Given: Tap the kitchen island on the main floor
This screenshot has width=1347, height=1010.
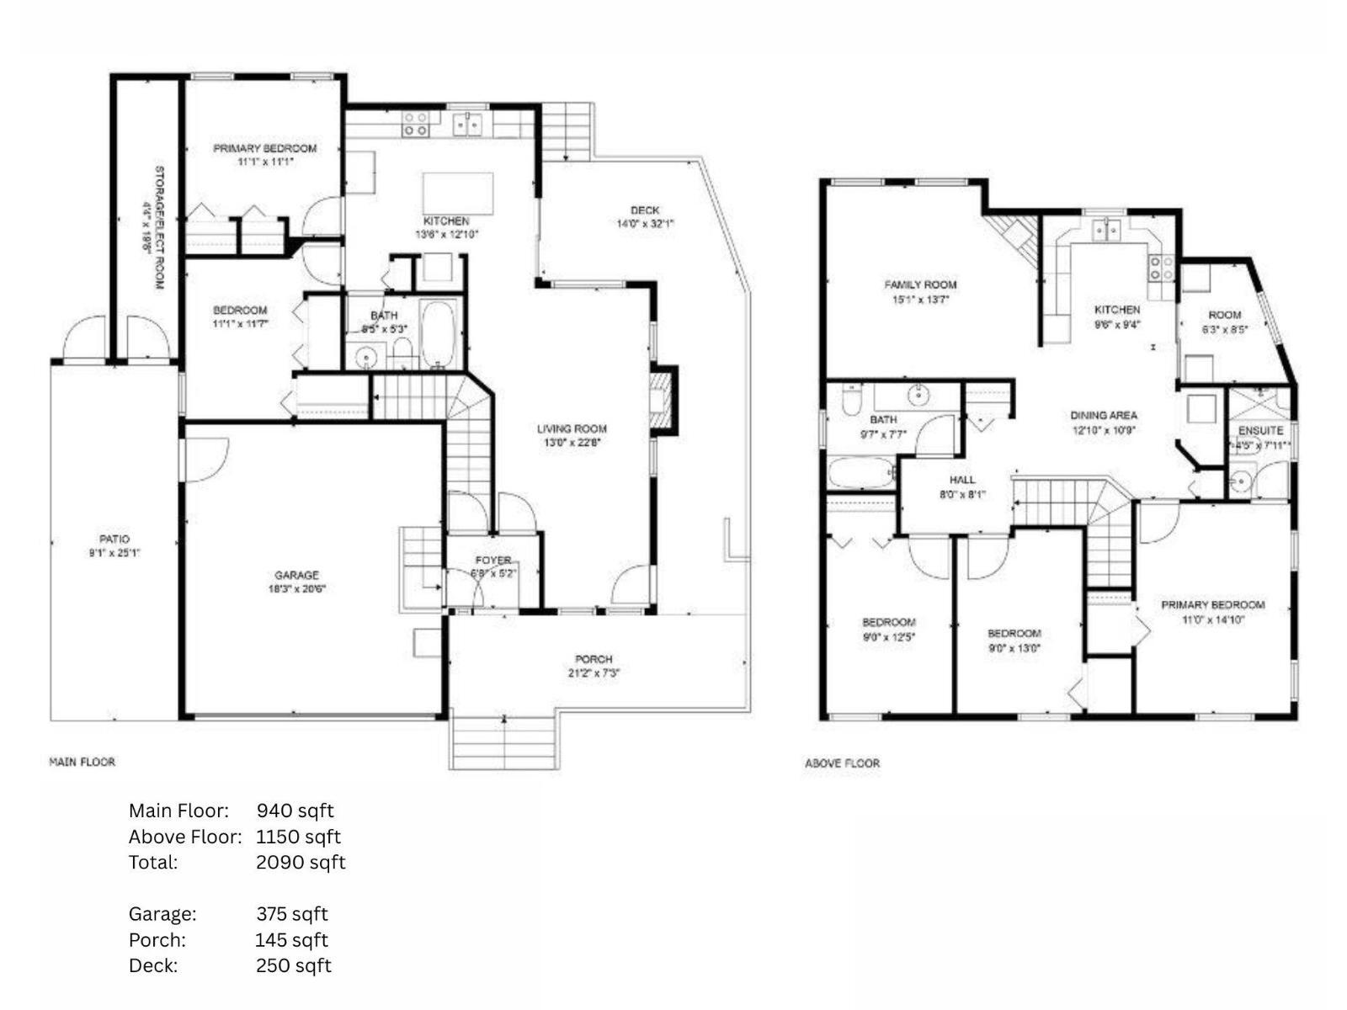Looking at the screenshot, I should tap(457, 194).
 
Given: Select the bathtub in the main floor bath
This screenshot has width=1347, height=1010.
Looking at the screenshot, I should tap(439, 334).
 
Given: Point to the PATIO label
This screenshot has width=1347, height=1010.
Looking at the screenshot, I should tap(114, 539).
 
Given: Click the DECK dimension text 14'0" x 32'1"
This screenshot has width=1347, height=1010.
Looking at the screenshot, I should tap(645, 224).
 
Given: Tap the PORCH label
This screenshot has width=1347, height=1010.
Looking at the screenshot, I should tap(594, 659).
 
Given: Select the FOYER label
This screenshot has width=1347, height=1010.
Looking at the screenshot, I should tap(492, 560).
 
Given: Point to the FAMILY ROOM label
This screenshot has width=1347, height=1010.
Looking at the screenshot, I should tap(920, 284).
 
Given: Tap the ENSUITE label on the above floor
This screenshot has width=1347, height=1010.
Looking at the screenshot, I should tap(1260, 430).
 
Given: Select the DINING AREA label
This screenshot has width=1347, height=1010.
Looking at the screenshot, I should tap(1104, 415).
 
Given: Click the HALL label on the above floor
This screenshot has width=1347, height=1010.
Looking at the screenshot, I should tap(962, 480).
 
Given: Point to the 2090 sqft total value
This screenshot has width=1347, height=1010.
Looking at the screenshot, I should tap(301, 862).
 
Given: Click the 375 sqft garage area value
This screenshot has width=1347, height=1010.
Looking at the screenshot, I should tap(291, 914).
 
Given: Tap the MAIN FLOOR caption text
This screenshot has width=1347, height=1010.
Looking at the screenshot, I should tap(82, 762).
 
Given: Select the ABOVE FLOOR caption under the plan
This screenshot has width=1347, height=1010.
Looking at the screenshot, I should tap(842, 763).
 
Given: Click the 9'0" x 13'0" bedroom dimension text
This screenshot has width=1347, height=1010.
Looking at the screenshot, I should tap(1014, 648).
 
